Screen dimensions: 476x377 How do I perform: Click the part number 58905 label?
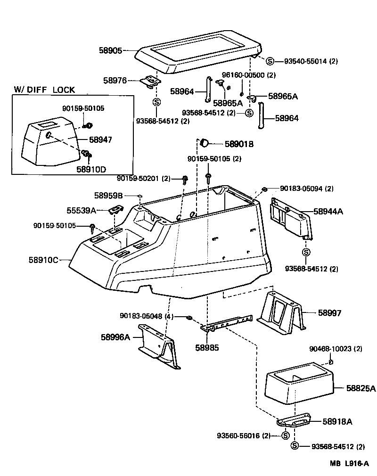[x=109, y=50]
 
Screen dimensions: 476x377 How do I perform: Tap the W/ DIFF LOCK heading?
[x=44, y=90]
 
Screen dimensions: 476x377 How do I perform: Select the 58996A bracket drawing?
[x=159, y=347]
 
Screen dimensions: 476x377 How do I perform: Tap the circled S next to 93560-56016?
[x=286, y=435]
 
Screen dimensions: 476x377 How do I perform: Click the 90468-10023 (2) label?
[x=336, y=349]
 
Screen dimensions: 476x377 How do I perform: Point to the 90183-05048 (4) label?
[x=147, y=316]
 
